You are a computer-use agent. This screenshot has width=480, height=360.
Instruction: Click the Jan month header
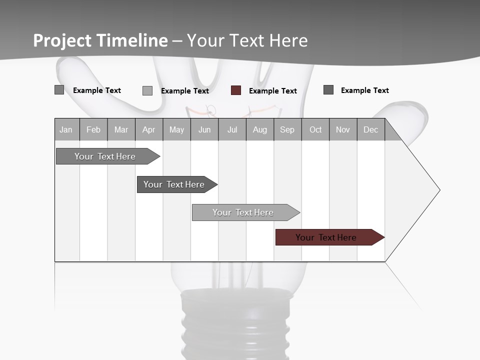(x=66, y=130)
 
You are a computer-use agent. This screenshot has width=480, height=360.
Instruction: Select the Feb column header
(x=93, y=130)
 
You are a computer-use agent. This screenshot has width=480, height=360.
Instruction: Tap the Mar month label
(x=121, y=130)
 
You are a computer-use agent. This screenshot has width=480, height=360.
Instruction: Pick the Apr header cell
(x=148, y=130)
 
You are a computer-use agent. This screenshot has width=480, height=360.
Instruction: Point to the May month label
(x=176, y=130)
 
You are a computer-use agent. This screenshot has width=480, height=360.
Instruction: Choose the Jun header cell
(x=204, y=130)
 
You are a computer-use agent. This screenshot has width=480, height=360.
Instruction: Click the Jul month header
(x=232, y=130)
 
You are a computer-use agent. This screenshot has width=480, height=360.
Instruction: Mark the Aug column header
(x=260, y=130)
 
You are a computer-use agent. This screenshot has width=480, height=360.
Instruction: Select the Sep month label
(x=287, y=130)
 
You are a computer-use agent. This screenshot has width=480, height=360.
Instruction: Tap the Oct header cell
(x=315, y=130)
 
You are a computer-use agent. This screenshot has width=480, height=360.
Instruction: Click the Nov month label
(x=343, y=130)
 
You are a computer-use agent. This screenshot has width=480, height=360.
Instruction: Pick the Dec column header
(x=370, y=130)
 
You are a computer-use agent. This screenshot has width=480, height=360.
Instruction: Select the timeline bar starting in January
(x=105, y=156)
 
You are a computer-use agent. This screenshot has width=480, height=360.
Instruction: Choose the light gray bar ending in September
(x=243, y=212)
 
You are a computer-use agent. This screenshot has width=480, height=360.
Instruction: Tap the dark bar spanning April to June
(x=174, y=184)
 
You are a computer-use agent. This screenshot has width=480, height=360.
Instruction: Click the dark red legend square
(x=236, y=90)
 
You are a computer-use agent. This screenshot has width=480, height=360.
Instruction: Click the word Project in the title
(x=62, y=40)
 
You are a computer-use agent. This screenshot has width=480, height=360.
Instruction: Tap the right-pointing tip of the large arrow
(x=438, y=190)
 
